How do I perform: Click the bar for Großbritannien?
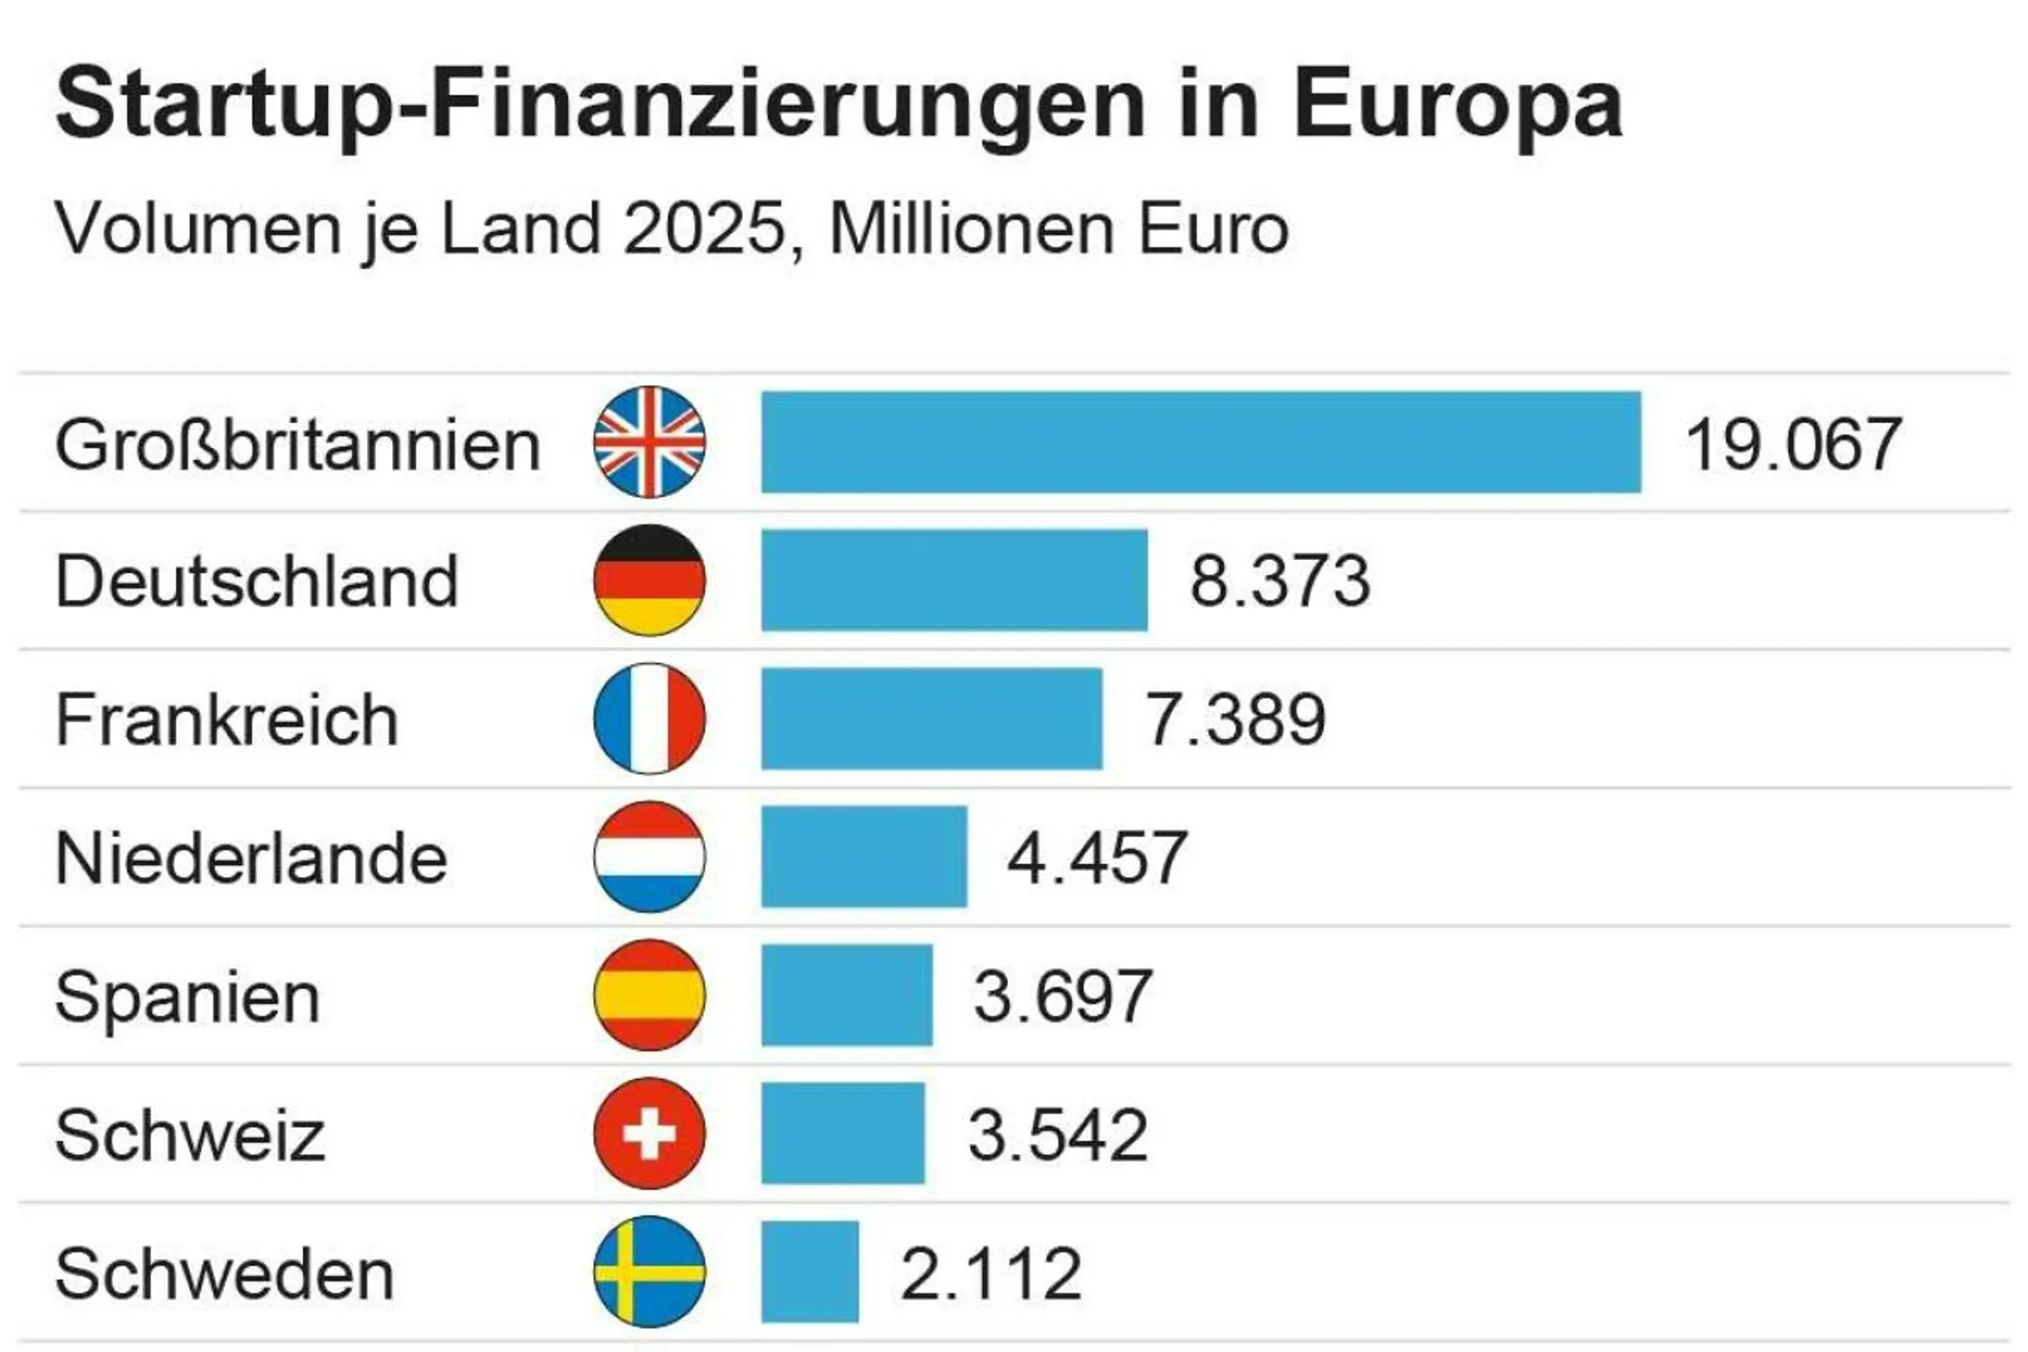[x=1200, y=442]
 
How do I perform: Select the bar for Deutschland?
[x=954, y=581]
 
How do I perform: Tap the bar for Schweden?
[x=810, y=1272]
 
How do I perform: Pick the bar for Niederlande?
[x=864, y=856]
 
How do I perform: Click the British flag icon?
[x=650, y=442]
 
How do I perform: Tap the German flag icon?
[x=650, y=581]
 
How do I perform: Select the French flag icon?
[x=650, y=718]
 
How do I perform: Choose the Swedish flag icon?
[x=650, y=1272]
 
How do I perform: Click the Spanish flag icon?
[x=650, y=995]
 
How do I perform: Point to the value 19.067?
[x=1793, y=445]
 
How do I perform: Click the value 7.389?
[x=1235, y=720]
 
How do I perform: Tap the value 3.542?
[x=1058, y=1135]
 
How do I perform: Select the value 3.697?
[x=1062, y=996]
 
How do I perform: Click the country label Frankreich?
[x=227, y=720]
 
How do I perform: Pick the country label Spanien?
[x=187, y=999]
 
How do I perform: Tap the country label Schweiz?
[x=189, y=1136]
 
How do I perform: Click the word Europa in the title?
[x=1457, y=105]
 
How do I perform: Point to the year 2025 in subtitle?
[x=704, y=230]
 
